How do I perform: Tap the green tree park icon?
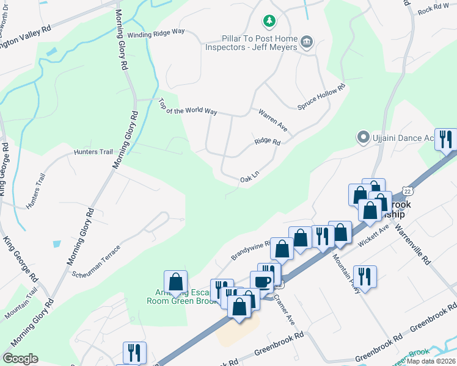[268, 23]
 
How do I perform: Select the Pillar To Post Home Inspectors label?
[251, 43]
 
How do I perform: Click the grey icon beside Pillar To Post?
[307, 42]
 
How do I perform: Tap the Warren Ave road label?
[272, 122]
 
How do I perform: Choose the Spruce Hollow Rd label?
[321, 97]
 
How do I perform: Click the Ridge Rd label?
[267, 142]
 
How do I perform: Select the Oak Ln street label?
[250, 177]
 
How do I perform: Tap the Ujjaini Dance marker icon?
[363, 138]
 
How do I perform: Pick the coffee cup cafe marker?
[262, 282]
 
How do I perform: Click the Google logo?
[20, 359]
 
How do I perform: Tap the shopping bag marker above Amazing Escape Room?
[176, 282]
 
